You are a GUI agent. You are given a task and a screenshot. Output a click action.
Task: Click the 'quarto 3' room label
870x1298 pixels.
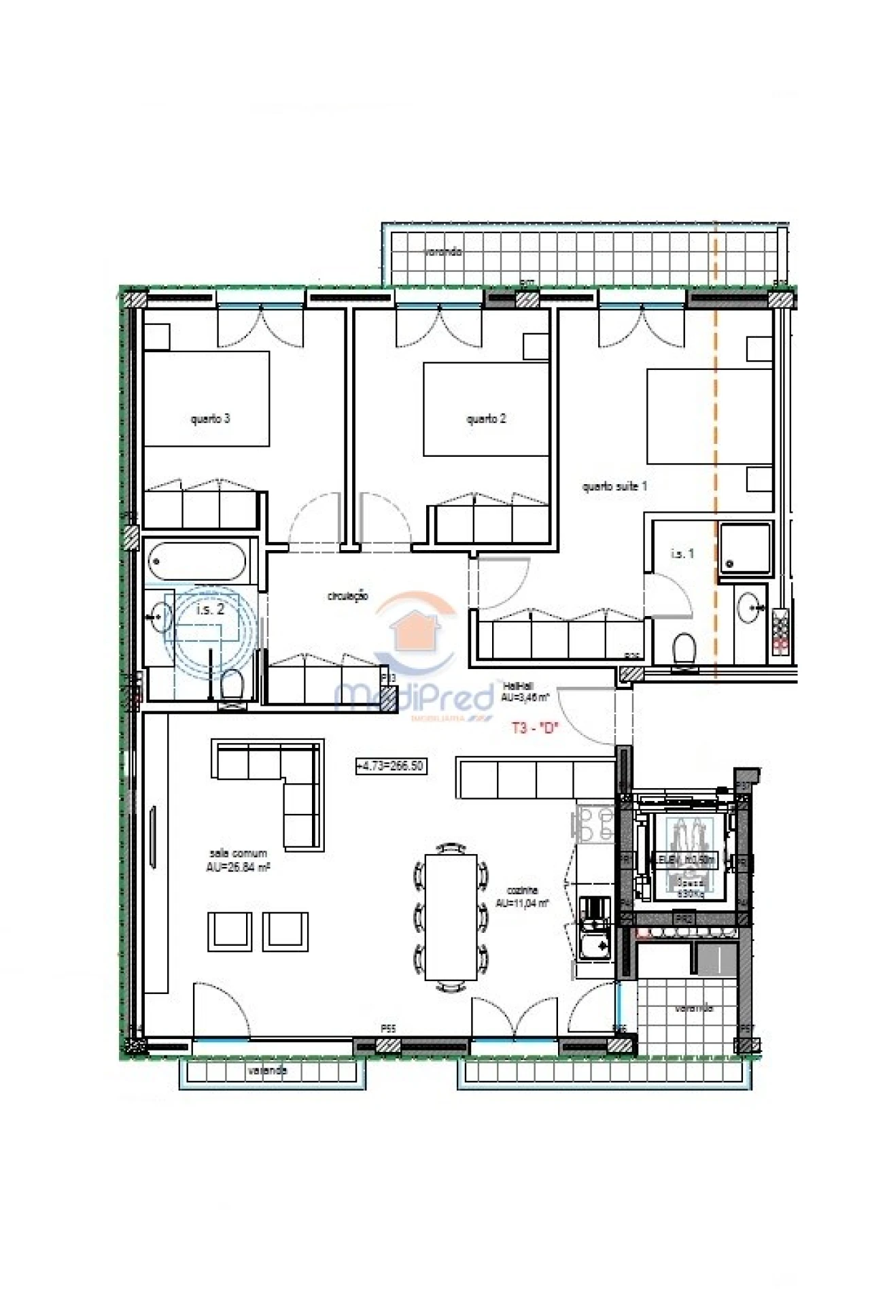coord(210,419)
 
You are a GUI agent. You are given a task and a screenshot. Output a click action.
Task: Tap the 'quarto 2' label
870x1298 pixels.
coord(486,419)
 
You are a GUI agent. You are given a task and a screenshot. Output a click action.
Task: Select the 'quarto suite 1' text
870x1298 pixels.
coord(614,486)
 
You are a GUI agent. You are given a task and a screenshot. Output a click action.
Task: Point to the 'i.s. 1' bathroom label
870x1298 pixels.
coord(682,553)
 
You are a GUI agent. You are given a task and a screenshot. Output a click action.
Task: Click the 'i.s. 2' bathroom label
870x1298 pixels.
coord(210,610)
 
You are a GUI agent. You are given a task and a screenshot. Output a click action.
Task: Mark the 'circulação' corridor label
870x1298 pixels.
coord(348,596)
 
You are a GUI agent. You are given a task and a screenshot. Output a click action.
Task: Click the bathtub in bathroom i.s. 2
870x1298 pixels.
coord(196,562)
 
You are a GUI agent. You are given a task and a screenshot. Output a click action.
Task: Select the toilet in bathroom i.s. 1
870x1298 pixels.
coord(683,649)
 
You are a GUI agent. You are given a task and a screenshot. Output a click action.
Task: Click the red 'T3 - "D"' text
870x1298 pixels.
coord(534,728)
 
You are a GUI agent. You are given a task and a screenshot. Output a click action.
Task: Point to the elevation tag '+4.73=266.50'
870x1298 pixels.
coord(390,766)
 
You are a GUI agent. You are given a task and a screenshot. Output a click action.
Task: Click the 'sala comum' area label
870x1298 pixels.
coord(238,859)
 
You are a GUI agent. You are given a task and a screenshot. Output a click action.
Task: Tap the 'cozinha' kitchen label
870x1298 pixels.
coord(522,896)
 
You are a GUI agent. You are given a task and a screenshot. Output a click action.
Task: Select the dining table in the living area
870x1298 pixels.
coord(451,917)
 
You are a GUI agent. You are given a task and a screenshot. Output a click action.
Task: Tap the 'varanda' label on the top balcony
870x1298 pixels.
coord(443,252)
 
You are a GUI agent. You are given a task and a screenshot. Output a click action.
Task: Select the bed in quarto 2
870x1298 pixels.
coord(486,409)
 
